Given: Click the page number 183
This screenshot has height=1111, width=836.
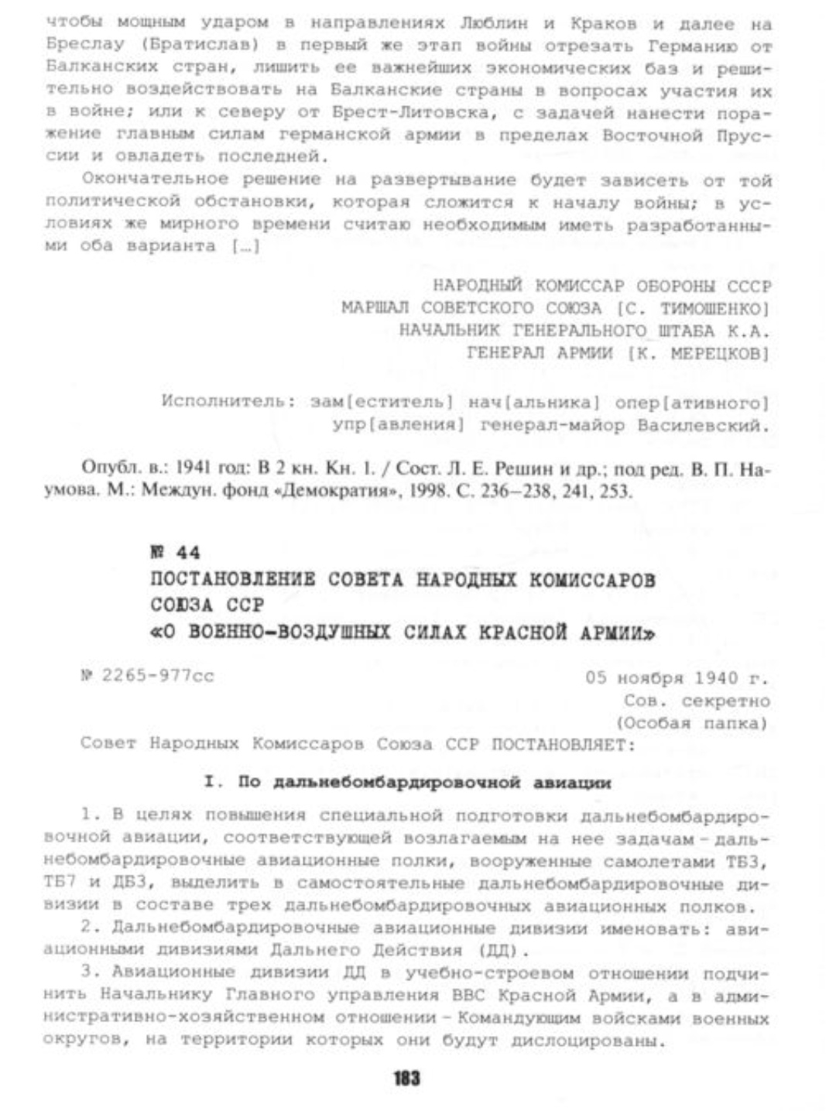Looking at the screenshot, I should click(x=406, y=1078).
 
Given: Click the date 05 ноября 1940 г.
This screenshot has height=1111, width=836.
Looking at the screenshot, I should click(x=677, y=678).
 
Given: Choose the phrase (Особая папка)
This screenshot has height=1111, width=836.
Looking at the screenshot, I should click(x=690, y=724).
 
